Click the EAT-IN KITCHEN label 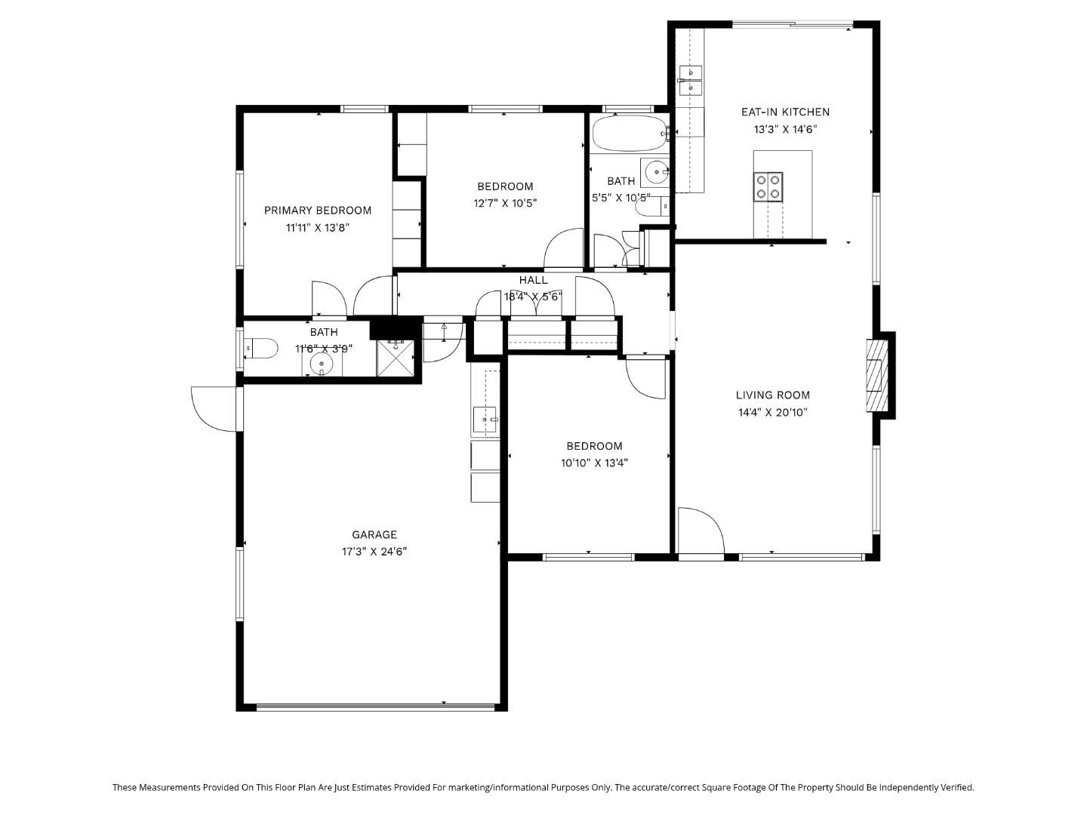[785, 112]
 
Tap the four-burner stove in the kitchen [767, 187]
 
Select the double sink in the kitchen [690, 81]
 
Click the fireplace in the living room [876, 375]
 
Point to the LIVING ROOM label [773, 395]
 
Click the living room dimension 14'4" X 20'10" [773, 413]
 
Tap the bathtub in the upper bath [628, 134]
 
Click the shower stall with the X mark [396, 358]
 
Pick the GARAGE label [374, 535]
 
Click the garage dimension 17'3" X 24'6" [374, 552]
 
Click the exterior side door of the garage [215, 408]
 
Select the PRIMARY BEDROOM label [318, 211]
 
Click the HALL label [533, 281]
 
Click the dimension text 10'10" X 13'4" [594, 463]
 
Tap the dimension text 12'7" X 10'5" [505, 203]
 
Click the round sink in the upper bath [654, 172]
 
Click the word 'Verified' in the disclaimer [954, 787]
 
